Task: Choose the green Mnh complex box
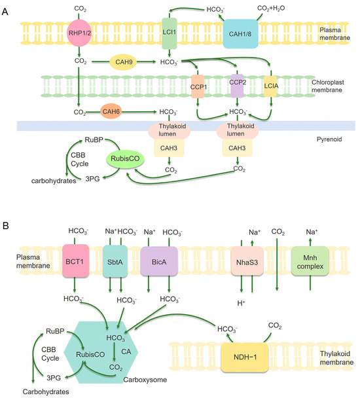(x=310, y=262)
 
